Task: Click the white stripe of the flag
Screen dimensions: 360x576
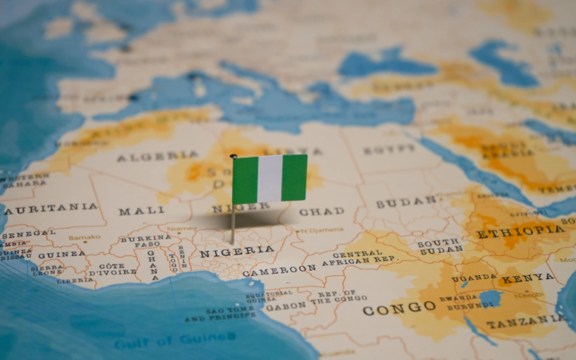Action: [x=270, y=179]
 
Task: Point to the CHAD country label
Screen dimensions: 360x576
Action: [x=321, y=211]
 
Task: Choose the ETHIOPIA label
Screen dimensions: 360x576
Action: [x=520, y=231]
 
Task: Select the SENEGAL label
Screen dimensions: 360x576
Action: [x=28, y=233]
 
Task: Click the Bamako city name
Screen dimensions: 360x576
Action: [x=84, y=238]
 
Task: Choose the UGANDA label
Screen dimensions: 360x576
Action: [x=474, y=278]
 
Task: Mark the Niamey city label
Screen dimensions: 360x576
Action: [x=181, y=227]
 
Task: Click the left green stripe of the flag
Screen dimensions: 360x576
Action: [x=244, y=180]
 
